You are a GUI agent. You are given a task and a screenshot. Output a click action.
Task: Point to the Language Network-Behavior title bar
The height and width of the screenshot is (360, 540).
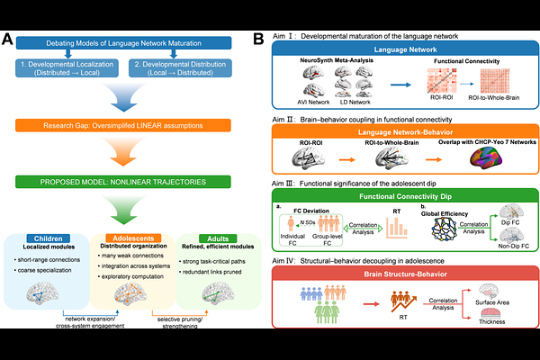[x=397, y=131]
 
